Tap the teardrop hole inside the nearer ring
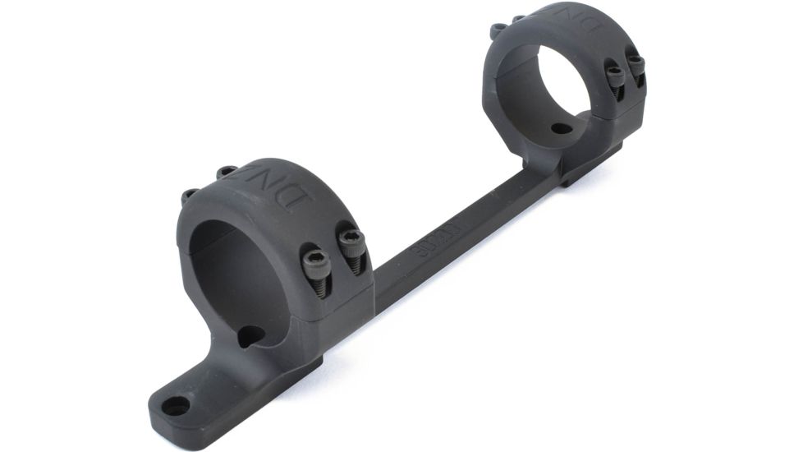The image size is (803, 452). pos(250,335)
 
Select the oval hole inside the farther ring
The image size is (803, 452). pos(561,128)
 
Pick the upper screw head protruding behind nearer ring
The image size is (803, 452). pos(226,172)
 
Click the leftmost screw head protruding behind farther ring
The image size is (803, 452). pos(498,30)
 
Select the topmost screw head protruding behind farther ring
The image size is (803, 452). pos(519,18)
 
